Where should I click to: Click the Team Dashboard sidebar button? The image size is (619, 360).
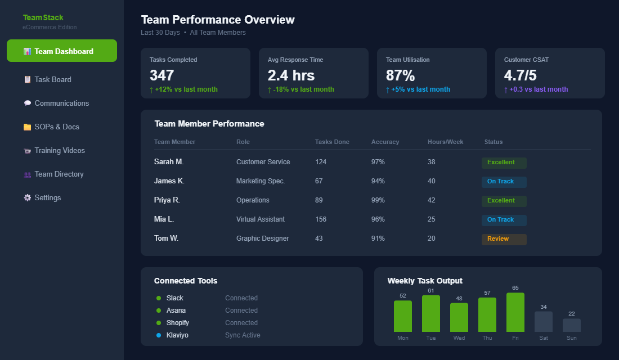tap(62, 51)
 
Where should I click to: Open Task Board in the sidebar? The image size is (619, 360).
tap(52, 79)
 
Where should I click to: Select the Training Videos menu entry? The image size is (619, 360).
tap(59, 150)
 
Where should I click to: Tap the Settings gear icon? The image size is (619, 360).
tap(27, 198)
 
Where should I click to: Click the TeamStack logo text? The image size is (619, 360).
tap(43, 17)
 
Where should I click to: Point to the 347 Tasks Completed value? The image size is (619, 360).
tap(162, 75)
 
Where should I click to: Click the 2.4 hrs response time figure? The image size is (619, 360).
tap(291, 75)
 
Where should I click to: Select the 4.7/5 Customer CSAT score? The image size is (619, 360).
tap(520, 75)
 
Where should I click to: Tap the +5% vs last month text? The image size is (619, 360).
tap(421, 89)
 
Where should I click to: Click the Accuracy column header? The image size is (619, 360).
tap(385, 142)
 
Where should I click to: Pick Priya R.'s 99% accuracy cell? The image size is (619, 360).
tap(378, 200)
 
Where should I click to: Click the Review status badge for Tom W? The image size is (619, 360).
tap(504, 239)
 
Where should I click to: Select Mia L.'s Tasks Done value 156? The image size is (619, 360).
tap(321, 219)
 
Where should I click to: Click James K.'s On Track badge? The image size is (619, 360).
tap(504, 182)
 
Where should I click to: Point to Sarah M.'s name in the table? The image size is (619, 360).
tap(169, 162)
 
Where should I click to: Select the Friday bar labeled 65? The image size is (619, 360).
tap(515, 312)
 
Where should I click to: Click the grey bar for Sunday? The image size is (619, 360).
tap(571, 325)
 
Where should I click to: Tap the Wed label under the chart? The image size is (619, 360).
tap(459, 338)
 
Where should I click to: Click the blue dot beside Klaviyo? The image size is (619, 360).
tap(159, 335)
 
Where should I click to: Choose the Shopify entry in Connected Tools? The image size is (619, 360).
tap(177, 323)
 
